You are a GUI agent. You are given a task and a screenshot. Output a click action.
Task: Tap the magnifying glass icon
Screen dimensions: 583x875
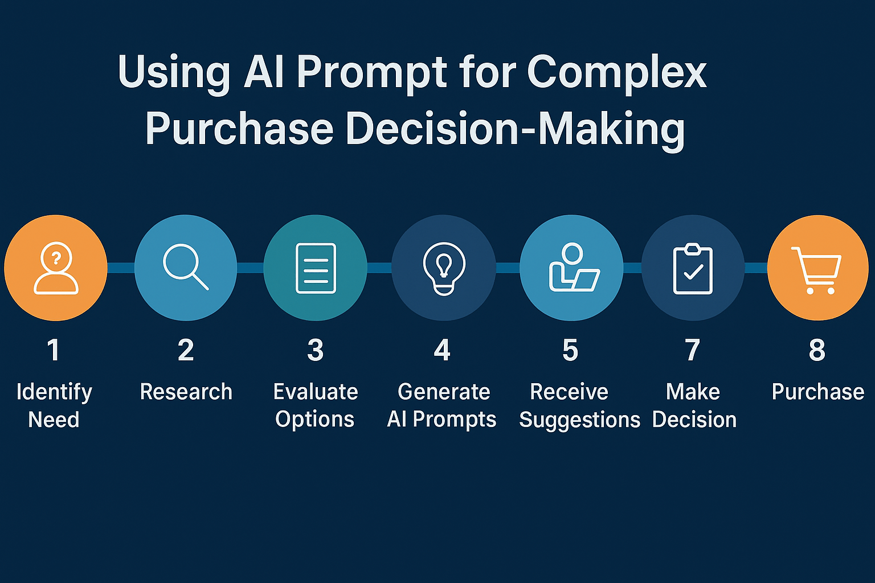[185, 266]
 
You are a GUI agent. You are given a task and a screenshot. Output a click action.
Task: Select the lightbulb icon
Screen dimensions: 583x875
[444, 268]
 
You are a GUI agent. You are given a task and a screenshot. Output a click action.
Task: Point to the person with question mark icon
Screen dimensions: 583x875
[56, 268]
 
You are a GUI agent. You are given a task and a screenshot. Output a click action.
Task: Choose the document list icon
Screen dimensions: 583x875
[316, 268]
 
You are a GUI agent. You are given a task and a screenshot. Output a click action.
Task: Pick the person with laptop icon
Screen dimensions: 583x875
[573, 268]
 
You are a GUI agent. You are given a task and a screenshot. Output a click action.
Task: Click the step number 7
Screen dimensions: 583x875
[693, 350]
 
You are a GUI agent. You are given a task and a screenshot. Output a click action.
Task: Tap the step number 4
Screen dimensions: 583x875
[442, 350]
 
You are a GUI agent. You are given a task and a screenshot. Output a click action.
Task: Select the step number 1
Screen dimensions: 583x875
[53, 350]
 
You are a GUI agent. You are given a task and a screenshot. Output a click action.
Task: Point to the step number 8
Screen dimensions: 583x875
[817, 350]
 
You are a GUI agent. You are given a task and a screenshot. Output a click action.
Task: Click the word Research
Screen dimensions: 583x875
[186, 392]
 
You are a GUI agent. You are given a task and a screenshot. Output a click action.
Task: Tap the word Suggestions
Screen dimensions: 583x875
[579, 420]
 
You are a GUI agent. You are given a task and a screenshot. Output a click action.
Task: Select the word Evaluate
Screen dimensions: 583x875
[316, 392]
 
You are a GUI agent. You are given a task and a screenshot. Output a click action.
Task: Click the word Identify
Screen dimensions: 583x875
[54, 392]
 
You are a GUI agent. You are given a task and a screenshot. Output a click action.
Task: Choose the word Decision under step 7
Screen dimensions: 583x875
[694, 420]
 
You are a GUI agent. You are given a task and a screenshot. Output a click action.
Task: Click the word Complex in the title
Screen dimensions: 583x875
[616, 73]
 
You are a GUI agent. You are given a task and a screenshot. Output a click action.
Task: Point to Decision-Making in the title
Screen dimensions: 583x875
[515, 129]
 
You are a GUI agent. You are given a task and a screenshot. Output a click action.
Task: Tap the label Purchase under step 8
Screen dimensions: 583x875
[818, 392]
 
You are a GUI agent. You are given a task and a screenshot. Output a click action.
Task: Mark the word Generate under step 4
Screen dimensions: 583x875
[444, 392]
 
